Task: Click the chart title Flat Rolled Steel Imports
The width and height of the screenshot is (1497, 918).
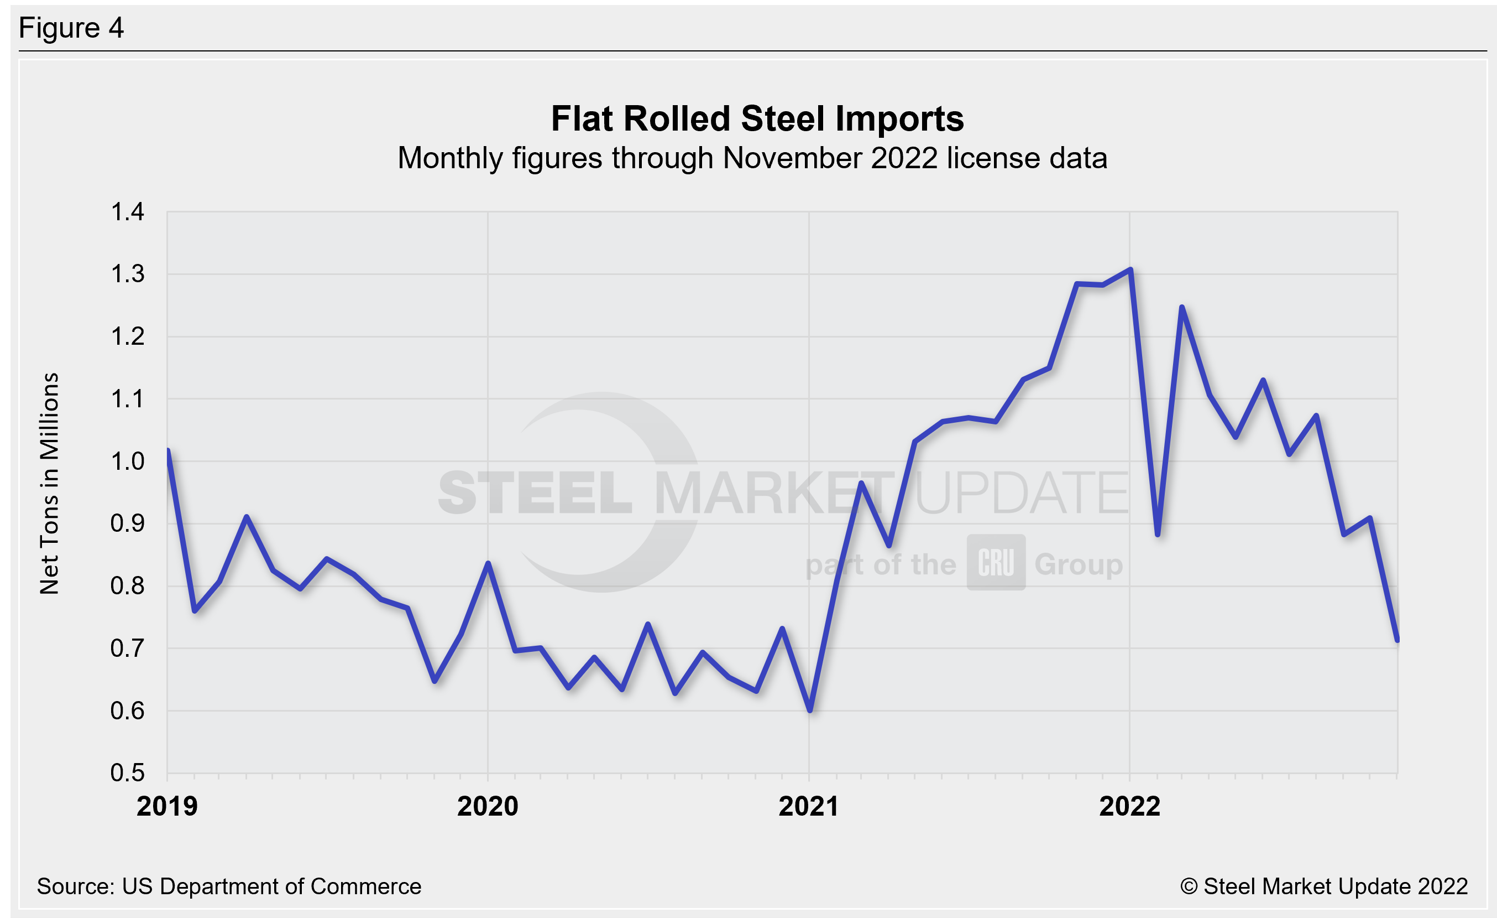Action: (757, 118)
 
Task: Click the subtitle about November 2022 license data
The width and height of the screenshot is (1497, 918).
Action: (752, 158)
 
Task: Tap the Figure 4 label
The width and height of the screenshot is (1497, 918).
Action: (71, 28)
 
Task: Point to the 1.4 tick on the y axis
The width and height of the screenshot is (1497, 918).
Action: (127, 212)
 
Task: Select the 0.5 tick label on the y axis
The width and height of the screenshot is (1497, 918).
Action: (127, 772)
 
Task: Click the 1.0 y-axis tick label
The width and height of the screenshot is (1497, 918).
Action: (127, 461)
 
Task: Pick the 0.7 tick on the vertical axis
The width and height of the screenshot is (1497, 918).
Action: (127, 649)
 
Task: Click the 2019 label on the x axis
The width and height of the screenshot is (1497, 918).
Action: (167, 807)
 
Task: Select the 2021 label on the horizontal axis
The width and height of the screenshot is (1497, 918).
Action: (809, 807)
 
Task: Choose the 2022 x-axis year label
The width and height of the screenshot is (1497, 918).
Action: (1129, 807)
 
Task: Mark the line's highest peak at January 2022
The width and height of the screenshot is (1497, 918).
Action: (1129, 269)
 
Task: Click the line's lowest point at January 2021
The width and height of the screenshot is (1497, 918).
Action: (810, 710)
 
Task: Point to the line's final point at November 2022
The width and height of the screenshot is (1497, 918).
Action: (1397, 640)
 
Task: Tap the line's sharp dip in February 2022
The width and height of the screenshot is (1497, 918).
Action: (1158, 535)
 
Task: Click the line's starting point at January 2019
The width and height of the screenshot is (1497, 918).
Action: (168, 450)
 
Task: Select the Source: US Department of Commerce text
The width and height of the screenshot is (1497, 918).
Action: (229, 886)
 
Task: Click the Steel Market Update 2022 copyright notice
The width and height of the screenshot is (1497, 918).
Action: (1323, 886)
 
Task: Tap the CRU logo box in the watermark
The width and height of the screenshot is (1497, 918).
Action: (996, 562)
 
